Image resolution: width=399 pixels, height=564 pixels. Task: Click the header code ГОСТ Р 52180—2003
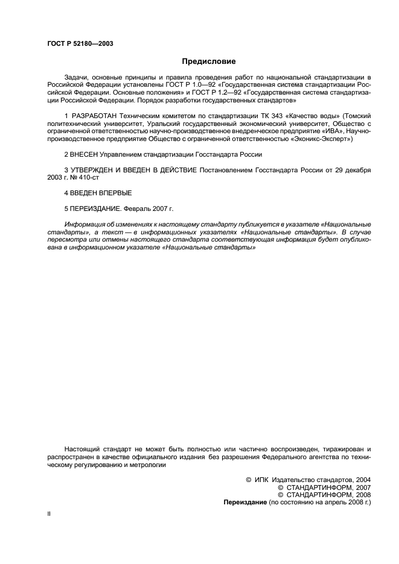80,43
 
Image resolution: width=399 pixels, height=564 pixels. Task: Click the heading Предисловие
209,61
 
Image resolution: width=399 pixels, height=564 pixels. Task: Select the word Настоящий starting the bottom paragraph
85,450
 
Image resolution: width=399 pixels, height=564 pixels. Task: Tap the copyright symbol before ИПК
249,480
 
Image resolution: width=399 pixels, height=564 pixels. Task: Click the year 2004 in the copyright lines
361,480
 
